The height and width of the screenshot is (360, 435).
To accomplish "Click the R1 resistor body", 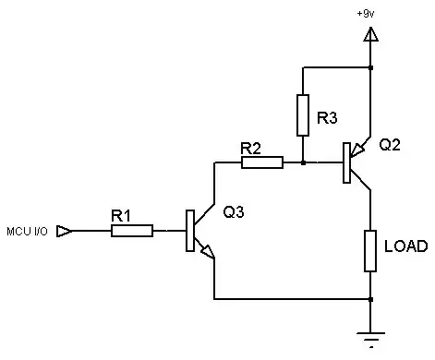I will click(x=132, y=231).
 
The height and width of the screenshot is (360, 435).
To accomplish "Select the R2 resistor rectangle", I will click(x=262, y=163).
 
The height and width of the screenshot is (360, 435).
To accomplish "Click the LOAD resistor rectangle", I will click(x=370, y=251).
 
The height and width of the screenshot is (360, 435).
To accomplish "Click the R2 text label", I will click(x=250, y=148).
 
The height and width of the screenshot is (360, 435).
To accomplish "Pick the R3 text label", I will click(x=327, y=118).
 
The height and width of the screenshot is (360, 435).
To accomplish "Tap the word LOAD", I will click(x=405, y=247).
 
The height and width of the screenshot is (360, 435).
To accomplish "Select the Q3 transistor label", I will click(x=234, y=211).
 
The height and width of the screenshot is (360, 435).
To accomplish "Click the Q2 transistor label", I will click(x=388, y=146).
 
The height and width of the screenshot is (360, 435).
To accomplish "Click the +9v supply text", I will click(x=366, y=13).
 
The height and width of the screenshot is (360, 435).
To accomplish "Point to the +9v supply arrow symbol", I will click(x=370, y=36).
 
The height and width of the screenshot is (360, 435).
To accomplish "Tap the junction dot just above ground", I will click(x=370, y=299).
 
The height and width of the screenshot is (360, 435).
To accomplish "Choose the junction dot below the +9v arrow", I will click(x=370, y=67).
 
